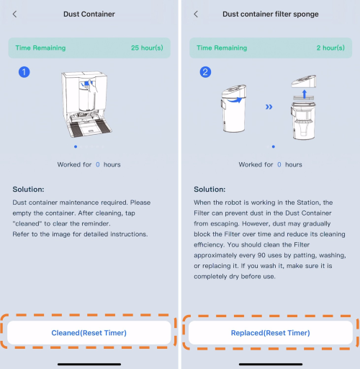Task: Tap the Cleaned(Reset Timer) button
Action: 89,333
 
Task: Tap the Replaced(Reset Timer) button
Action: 271,333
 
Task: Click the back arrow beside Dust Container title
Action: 15,14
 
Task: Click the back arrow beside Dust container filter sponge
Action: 196,14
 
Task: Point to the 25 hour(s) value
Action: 147,48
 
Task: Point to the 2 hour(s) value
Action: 330,48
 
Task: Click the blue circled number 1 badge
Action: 24,72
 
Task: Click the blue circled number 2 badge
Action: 205,72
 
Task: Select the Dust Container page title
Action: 89,14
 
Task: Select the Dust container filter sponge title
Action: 271,14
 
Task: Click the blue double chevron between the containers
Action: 269,107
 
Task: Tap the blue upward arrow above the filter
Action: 305,94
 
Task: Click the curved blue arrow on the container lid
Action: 235,100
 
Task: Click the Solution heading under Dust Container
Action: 28,190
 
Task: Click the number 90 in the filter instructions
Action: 261,255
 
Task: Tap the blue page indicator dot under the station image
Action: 76,146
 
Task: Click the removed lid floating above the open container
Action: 304,81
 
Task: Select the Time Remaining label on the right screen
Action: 222,48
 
